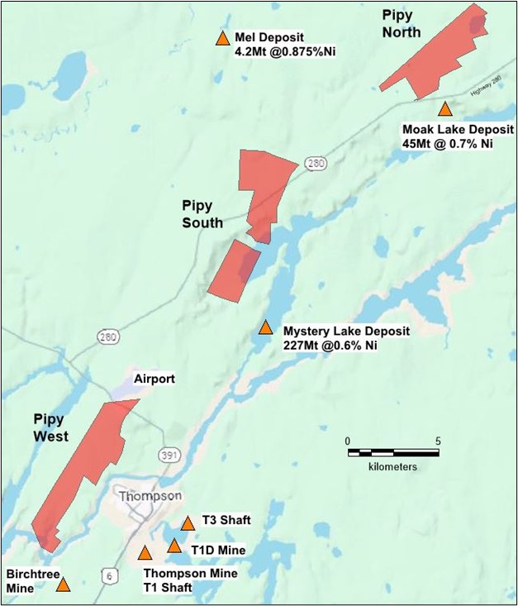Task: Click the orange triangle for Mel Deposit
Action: pos(222,38)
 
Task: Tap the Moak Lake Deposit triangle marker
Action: pos(445,109)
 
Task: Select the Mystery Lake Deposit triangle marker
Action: pos(265,327)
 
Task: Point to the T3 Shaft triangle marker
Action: pos(188,522)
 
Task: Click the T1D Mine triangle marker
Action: pos(174,546)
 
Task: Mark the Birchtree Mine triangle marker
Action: pos(63,585)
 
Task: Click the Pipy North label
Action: pos(402,24)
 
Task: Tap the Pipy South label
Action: pos(202,212)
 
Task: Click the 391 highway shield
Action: pos(169,456)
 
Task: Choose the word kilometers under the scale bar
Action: pos(392,467)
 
